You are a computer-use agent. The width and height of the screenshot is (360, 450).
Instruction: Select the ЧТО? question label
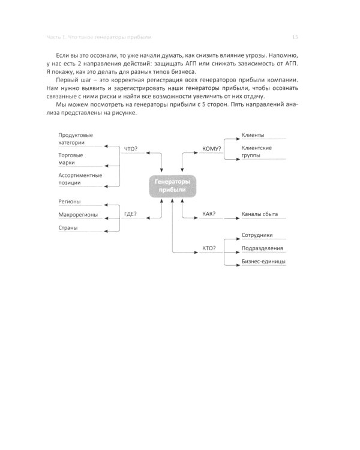point(130,149)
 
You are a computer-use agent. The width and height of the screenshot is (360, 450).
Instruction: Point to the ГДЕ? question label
point(130,214)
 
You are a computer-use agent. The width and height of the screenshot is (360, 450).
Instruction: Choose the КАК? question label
point(209,214)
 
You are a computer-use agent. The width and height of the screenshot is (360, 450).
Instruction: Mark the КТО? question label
point(209,248)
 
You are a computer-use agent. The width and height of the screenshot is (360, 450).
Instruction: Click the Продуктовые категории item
point(76,139)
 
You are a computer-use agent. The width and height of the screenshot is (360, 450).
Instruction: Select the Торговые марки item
point(71,159)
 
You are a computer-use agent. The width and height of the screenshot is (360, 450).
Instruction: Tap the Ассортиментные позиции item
point(80,179)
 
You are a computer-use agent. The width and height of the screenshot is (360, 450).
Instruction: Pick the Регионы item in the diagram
point(70,202)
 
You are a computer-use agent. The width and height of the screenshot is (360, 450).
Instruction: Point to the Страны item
point(68,228)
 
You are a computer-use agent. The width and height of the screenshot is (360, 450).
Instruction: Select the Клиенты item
point(253,135)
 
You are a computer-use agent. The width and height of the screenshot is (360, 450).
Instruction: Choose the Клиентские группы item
point(257,151)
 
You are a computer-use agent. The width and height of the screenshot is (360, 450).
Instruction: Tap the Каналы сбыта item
point(260,214)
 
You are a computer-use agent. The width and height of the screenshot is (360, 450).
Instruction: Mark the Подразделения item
point(263,248)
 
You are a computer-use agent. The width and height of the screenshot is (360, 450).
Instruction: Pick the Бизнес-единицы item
point(263,262)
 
